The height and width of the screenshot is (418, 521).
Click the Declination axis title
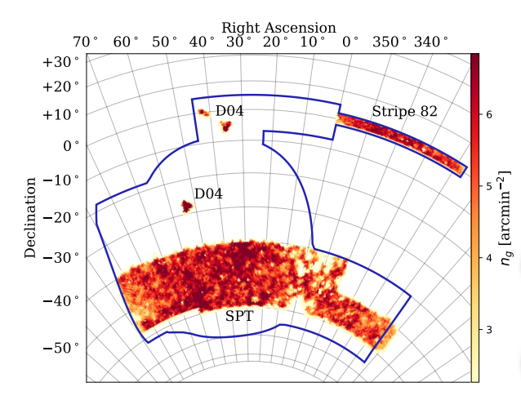pyautogui.click(x=30, y=216)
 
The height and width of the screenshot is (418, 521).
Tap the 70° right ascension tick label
pyautogui.click(x=86, y=42)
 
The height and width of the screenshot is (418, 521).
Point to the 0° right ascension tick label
pyautogui.click(x=350, y=42)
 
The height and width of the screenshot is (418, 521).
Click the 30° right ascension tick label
pyautogui.click(x=239, y=42)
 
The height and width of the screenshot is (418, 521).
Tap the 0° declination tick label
pyautogui.click(x=68, y=145)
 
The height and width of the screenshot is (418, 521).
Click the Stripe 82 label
pyautogui.click(x=404, y=112)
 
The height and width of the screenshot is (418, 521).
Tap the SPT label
pyautogui.click(x=239, y=316)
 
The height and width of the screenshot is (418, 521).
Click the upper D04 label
pyautogui.click(x=229, y=111)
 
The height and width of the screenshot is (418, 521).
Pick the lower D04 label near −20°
pyautogui.click(x=208, y=193)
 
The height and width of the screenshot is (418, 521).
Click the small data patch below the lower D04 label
pyautogui.click(x=186, y=207)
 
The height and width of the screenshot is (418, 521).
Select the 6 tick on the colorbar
pyautogui.click(x=488, y=115)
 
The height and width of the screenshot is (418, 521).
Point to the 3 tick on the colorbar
pyautogui.click(x=488, y=330)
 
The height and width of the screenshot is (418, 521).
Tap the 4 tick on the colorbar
pyautogui.click(x=488, y=258)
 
